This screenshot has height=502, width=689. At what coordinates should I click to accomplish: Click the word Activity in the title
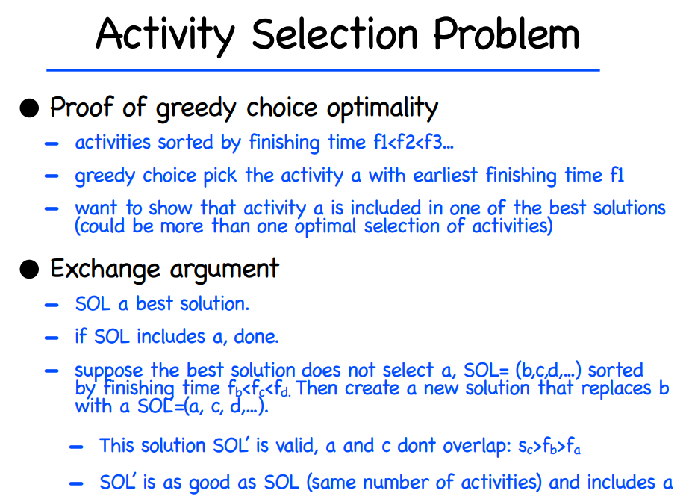point(166,35)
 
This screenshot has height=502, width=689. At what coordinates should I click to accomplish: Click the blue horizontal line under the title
point(323,70)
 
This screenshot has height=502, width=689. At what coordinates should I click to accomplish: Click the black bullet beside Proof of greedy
point(29,108)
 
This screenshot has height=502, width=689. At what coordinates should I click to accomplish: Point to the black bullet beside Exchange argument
point(29,269)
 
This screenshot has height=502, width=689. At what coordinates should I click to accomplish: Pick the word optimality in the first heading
point(382,108)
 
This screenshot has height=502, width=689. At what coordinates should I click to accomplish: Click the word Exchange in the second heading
point(105,269)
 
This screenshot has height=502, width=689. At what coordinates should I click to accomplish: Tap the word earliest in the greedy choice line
point(445,175)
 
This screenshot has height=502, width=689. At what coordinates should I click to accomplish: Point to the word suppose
point(108,370)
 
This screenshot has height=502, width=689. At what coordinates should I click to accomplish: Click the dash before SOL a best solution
point(52,305)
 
